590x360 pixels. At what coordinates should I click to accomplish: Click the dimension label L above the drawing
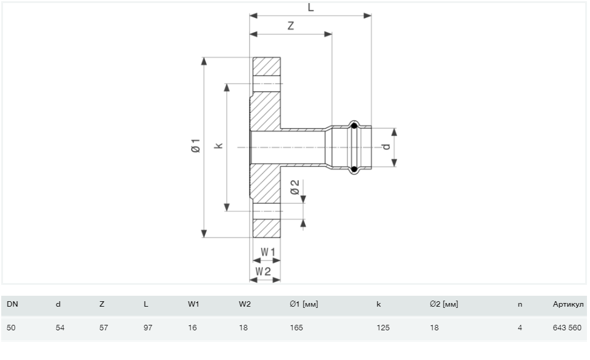(x=311, y=7)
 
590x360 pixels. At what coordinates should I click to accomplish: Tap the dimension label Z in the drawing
(x=290, y=26)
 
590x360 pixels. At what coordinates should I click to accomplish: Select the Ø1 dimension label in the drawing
(x=196, y=145)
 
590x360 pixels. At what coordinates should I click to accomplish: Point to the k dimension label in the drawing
(x=219, y=145)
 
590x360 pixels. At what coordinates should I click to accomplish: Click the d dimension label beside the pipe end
(x=387, y=146)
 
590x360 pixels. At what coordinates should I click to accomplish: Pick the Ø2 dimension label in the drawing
(x=295, y=187)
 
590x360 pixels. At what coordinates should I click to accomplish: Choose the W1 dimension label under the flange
(x=268, y=252)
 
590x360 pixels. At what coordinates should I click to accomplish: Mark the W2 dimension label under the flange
(x=263, y=271)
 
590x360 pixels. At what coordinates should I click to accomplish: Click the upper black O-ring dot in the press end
(x=354, y=126)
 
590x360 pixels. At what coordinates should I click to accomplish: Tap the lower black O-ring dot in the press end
(x=354, y=169)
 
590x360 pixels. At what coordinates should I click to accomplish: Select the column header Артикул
(x=568, y=304)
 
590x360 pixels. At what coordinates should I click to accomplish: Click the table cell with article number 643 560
(x=567, y=328)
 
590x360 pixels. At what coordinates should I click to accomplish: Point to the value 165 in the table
(x=297, y=328)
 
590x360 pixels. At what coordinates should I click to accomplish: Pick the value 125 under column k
(x=383, y=328)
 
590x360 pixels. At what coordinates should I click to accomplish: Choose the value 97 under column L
(x=148, y=328)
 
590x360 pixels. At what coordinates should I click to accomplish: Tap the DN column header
(x=12, y=304)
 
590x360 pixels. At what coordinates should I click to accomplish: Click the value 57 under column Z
(x=104, y=328)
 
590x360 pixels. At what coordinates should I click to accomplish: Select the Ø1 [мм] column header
(x=304, y=304)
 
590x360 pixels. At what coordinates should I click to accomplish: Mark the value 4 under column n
(x=520, y=328)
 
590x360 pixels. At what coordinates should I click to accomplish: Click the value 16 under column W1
(x=192, y=328)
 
